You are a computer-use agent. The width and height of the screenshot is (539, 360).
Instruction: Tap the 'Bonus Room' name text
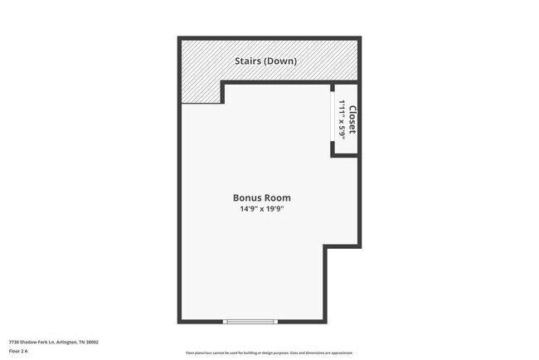(262, 198)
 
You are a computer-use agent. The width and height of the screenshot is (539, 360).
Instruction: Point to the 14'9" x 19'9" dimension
(262, 209)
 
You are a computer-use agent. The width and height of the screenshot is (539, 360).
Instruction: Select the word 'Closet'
(352, 119)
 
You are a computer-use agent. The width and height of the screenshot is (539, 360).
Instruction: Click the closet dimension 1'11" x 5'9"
(342, 119)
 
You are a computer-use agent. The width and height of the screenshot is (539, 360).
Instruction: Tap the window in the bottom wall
(251, 322)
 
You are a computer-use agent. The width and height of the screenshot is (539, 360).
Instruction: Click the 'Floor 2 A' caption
(18, 351)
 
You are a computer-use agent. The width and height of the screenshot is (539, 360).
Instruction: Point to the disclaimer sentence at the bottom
(269, 353)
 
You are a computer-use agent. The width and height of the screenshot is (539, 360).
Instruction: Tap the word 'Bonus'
(247, 198)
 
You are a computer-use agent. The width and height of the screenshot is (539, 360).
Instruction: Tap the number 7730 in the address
(13, 342)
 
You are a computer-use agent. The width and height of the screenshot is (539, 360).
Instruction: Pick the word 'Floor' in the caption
(14, 351)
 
